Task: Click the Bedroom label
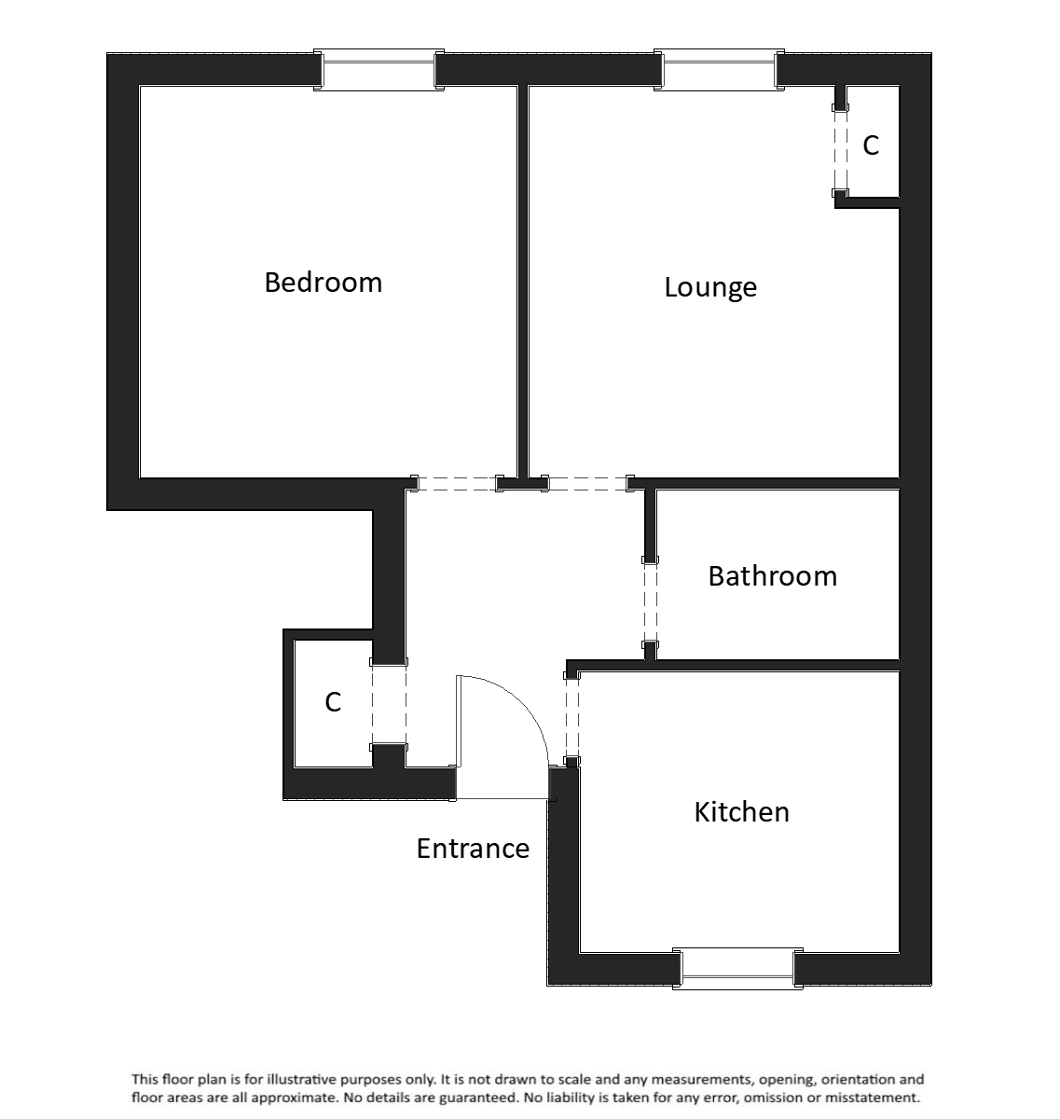coord(324,282)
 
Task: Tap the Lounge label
coord(710,286)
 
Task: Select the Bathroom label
coord(772,575)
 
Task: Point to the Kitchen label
coord(742,811)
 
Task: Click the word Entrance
coord(473,849)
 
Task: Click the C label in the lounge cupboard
coord(871,145)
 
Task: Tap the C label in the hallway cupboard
coord(333,702)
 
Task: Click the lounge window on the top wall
coord(718,71)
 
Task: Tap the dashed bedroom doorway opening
coord(456,483)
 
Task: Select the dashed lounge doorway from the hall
coord(587,483)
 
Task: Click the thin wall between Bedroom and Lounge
coord(523,280)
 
